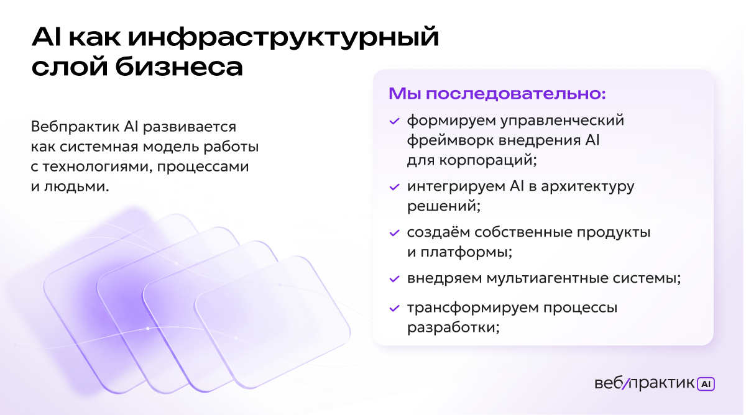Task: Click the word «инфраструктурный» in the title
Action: click(283, 38)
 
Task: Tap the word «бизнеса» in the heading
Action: click(179, 66)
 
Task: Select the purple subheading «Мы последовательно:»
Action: click(497, 94)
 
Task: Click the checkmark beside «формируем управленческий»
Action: click(394, 121)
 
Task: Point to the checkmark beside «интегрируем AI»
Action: click(394, 187)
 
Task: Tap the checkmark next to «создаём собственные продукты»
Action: click(394, 233)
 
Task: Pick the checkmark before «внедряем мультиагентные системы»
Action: click(394, 279)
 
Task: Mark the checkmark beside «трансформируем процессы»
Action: click(394, 309)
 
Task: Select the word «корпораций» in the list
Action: click(487, 161)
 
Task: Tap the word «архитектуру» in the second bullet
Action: click(587, 187)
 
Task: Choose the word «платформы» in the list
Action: click(466, 253)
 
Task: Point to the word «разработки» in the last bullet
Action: click(453, 327)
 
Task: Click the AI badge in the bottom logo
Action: click(706, 384)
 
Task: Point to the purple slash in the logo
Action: click(626, 384)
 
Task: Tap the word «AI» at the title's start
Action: click(46, 38)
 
